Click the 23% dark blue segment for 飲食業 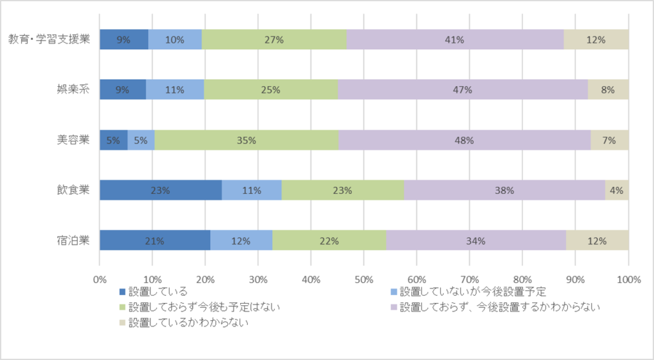(x=160, y=190)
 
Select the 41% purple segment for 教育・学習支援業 (x=455, y=40)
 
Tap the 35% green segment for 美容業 (x=247, y=140)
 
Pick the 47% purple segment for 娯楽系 (x=462, y=90)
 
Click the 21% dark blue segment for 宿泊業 (x=155, y=241)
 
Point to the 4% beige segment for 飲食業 (x=617, y=190)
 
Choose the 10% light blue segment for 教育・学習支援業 (x=175, y=40)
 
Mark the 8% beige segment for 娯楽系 (x=608, y=90)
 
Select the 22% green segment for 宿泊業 (x=330, y=241)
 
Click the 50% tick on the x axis (x=363, y=279)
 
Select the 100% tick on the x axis (x=628, y=279)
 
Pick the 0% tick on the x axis (x=100, y=279)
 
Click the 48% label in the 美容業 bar (x=464, y=140)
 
